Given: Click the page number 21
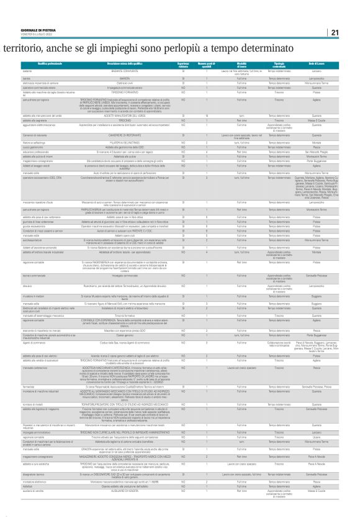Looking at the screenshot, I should point(334,32).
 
